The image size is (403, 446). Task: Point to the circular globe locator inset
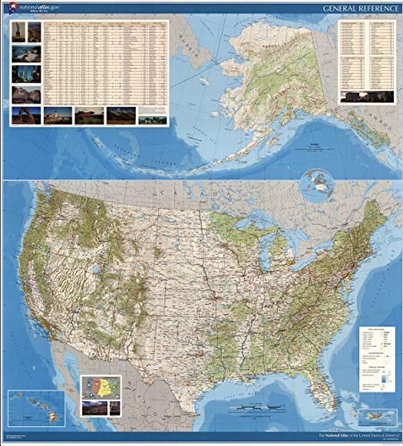(x=316, y=185)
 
